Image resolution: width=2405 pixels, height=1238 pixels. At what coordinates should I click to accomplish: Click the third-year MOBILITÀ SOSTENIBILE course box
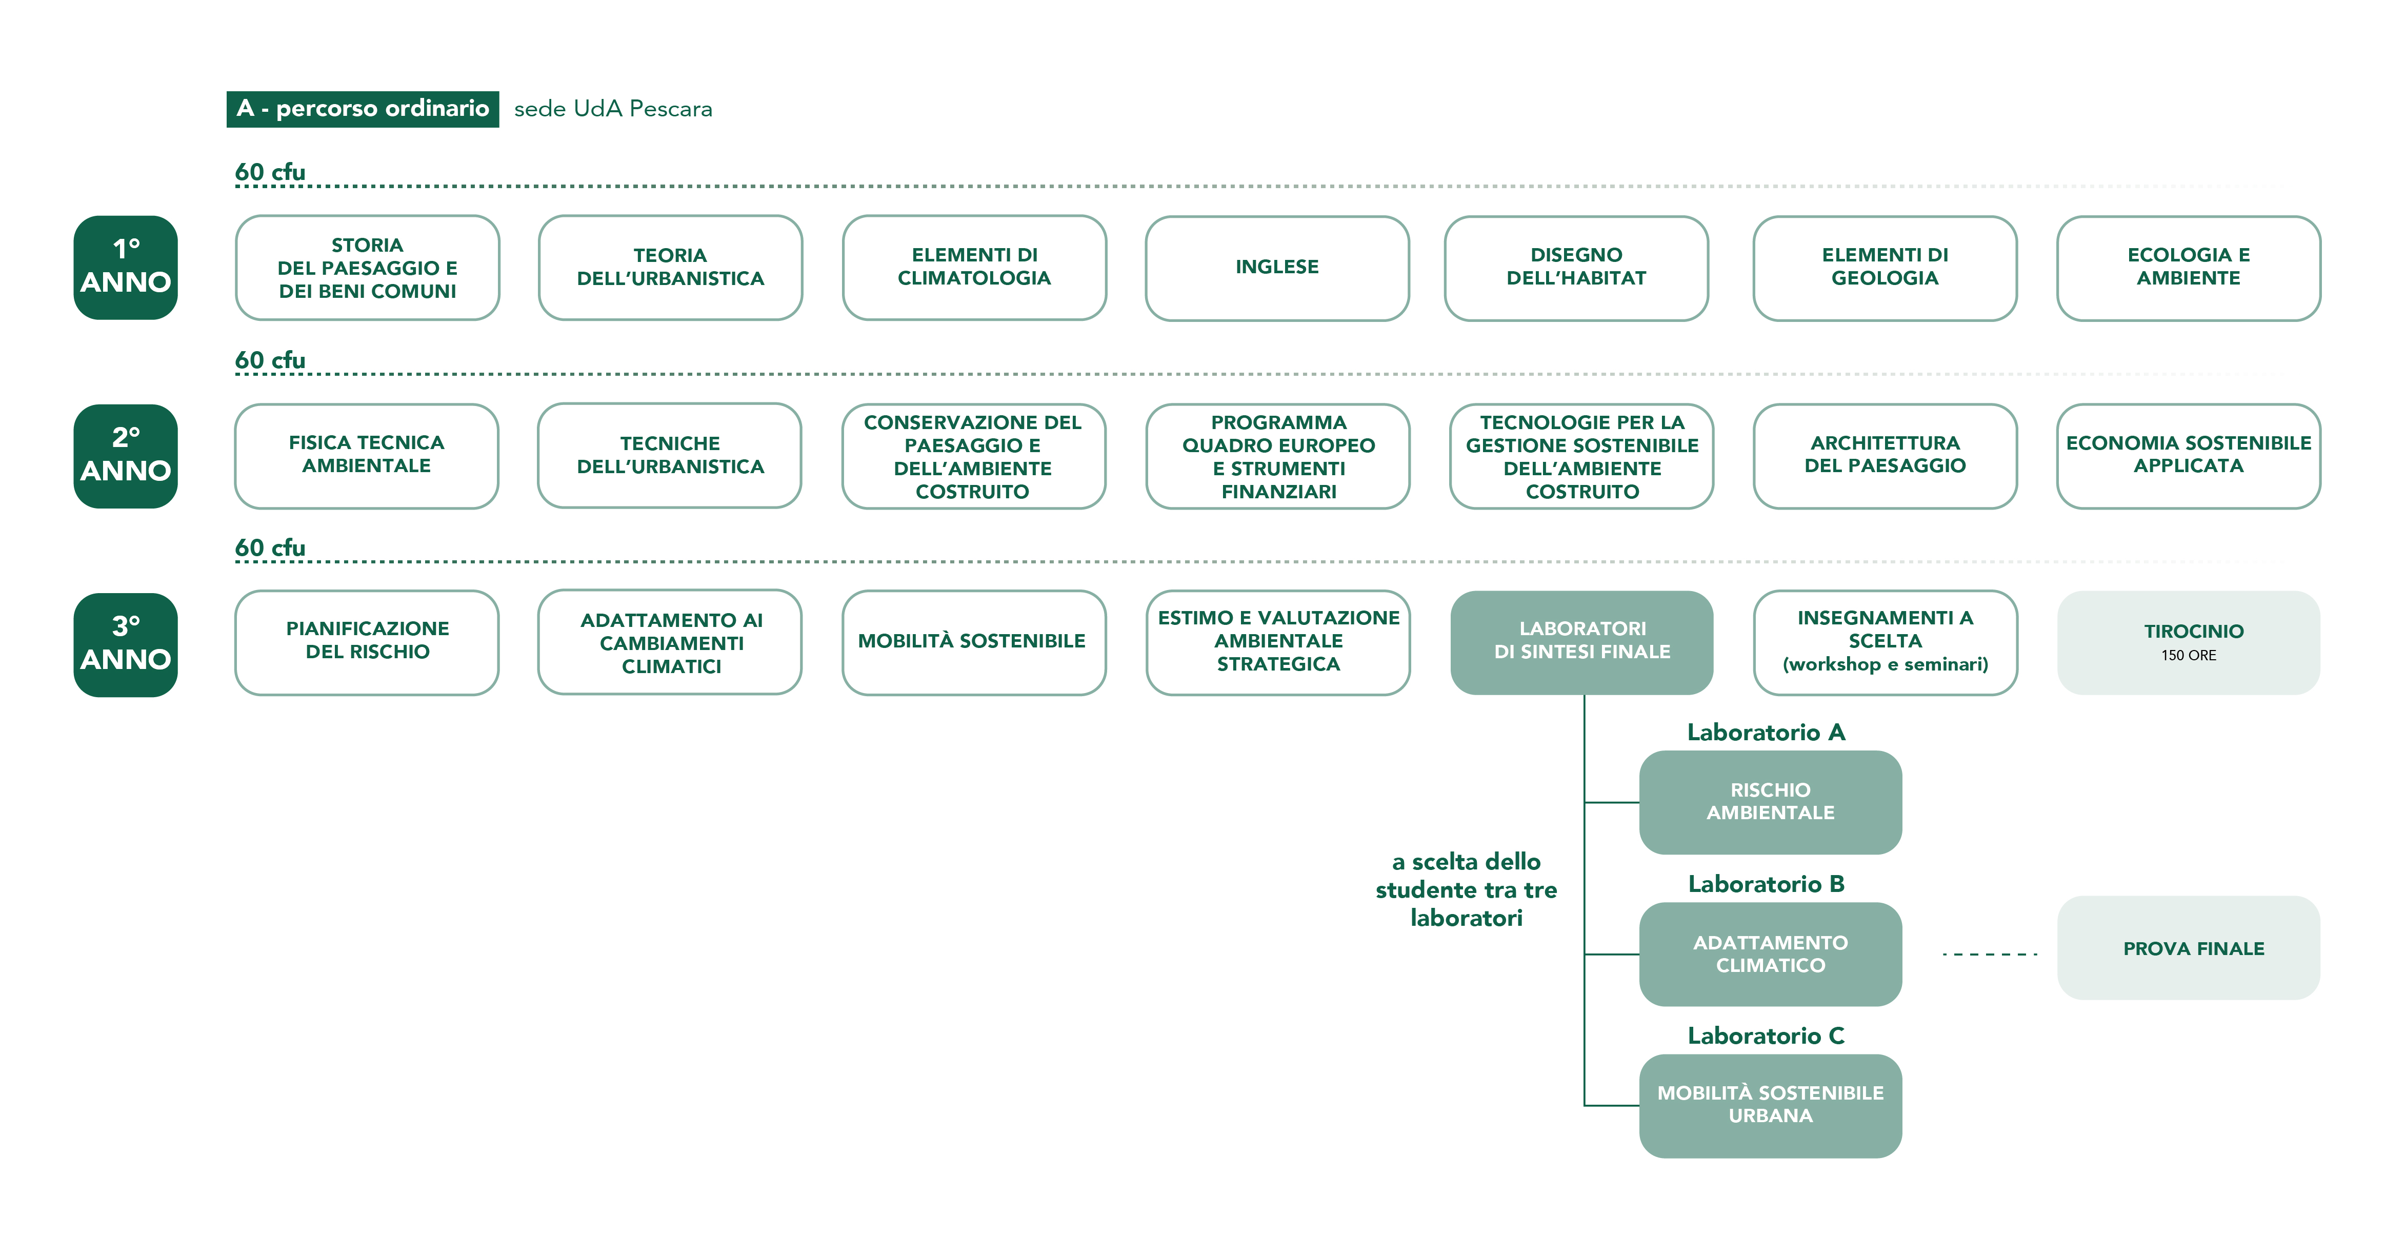tap(973, 642)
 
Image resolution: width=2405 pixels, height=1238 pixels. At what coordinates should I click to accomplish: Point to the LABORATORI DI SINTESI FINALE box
tap(1581, 642)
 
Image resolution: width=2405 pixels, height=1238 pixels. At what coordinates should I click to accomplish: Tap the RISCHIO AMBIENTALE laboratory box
tap(1770, 802)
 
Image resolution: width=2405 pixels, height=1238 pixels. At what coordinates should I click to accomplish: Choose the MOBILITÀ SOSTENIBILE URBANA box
tap(1770, 1105)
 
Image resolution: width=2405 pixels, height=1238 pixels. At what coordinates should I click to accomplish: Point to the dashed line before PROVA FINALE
tap(1990, 954)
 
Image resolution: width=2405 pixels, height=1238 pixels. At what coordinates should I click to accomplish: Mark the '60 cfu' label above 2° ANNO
tap(270, 360)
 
